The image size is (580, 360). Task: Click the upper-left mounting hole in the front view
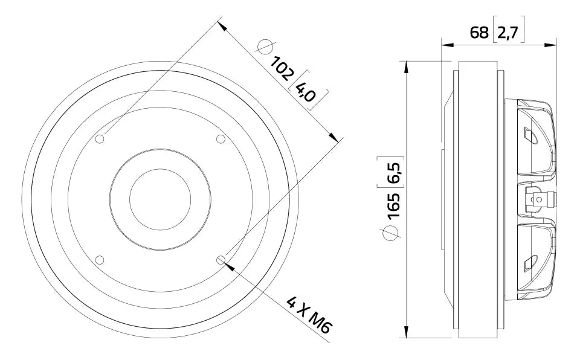coord(100,140)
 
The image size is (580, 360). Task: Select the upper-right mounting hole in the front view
coord(221,140)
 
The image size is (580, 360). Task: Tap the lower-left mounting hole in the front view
coord(100,260)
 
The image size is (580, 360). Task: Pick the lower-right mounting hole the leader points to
coord(221,260)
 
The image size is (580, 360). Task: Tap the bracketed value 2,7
coord(508,33)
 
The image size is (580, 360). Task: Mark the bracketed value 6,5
coord(393,172)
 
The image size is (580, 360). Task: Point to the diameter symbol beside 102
coord(265,47)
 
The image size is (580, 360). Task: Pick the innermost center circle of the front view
coord(160,200)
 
